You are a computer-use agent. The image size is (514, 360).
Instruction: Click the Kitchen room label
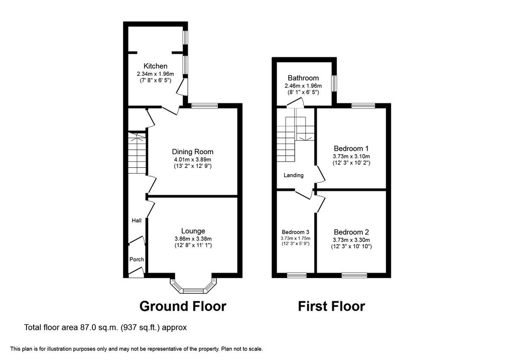156,66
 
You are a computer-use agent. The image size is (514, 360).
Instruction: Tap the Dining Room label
192,152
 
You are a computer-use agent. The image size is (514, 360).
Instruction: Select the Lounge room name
193,231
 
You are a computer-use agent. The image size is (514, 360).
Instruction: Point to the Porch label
137,260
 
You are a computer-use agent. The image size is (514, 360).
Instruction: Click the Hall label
137,220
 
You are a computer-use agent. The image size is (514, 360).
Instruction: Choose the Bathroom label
303,78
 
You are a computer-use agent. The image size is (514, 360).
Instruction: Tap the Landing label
294,175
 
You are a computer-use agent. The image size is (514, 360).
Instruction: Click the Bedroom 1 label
351,149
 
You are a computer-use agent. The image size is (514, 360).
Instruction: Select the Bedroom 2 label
351,232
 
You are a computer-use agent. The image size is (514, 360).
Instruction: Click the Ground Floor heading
183,306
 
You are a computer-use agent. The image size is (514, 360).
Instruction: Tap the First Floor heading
331,306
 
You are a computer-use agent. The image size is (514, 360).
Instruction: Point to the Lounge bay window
194,286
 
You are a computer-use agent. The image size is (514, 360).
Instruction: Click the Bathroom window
334,82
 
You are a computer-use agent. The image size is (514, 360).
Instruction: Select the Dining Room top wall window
204,105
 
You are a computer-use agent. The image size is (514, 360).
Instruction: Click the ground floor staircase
136,153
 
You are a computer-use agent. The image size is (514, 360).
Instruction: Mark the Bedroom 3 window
297,275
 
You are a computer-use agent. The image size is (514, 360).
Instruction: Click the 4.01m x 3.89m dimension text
193,160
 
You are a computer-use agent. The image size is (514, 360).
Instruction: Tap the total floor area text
105,327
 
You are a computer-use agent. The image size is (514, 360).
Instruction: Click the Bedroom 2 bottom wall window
354,275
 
